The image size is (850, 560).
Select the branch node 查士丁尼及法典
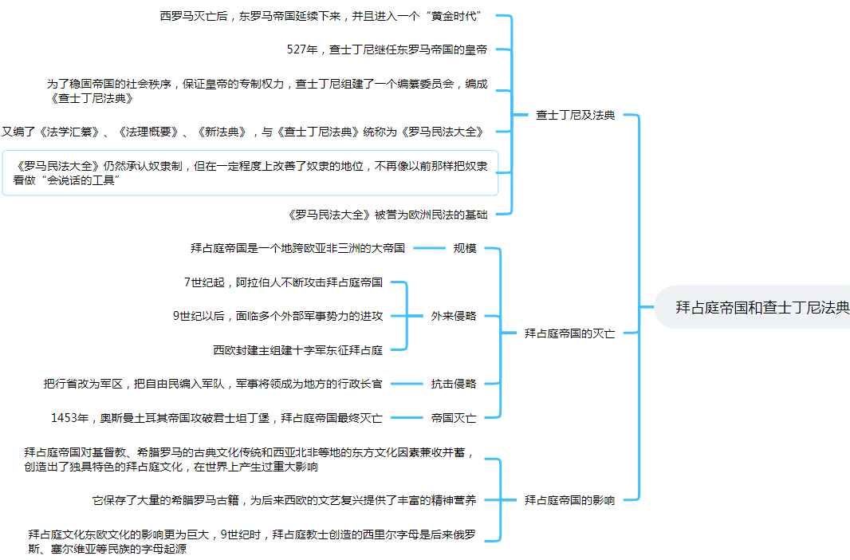point(575,115)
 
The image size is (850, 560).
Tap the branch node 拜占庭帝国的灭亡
point(569,333)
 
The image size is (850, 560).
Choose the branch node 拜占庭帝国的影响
point(569,500)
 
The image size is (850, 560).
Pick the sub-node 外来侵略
point(453,315)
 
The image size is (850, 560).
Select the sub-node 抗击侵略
point(453,384)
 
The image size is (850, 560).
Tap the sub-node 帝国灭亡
point(453,417)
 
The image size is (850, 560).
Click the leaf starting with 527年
point(387,49)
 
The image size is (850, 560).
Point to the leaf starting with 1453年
point(216,417)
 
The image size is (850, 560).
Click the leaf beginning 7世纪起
point(283,282)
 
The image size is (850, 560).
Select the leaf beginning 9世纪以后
point(277,315)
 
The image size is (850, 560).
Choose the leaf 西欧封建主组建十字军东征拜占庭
point(297,349)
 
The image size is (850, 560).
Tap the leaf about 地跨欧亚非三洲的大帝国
point(297,248)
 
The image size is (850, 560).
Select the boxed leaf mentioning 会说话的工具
point(250,173)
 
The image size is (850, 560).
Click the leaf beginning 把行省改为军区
point(213,384)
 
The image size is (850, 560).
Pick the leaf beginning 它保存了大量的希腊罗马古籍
point(284,500)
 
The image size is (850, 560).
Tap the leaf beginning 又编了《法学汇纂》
point(243,132)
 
